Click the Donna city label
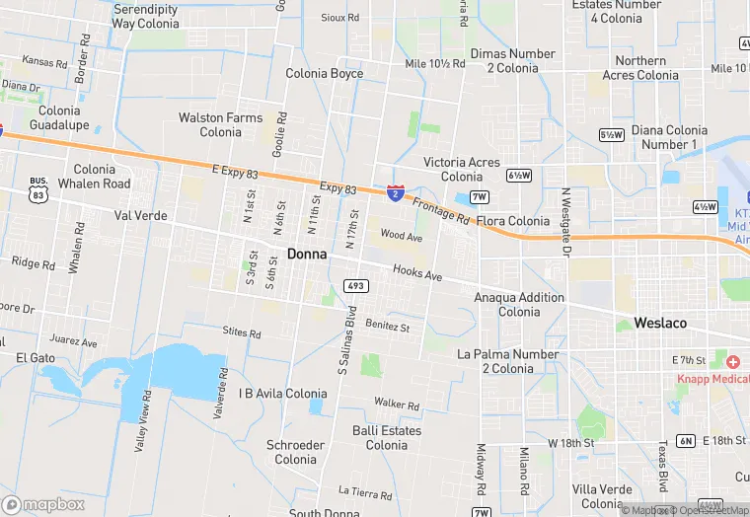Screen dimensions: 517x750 coord(307,254)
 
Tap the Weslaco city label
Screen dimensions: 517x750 coord(660,323)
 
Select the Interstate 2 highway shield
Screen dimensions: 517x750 coord(395,192)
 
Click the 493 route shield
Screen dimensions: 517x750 coord(356,286)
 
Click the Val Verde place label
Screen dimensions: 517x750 coord(141,215)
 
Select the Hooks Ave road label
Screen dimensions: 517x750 coord(417,273)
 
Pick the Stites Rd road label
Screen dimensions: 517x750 coord(242,332)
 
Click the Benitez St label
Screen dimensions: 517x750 coord(387,325)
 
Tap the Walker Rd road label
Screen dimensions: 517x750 coord(397,405)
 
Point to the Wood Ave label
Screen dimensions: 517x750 coord(401,237)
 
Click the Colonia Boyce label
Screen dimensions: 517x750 coord(325,74)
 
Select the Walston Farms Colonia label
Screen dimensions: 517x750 coord(221,124)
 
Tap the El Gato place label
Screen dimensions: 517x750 coord(36,357)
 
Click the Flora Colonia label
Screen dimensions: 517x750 coord(514,221)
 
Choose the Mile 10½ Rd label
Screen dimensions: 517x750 coord(434,63)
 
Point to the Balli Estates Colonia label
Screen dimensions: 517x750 coord(387,437)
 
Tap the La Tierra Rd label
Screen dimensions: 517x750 coord(365,490)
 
